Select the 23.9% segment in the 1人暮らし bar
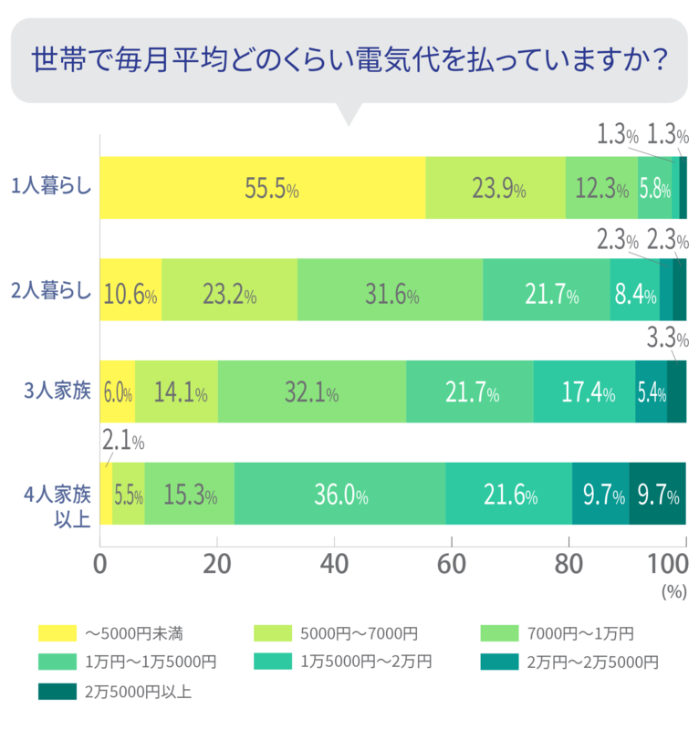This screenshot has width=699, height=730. tap(496, 188)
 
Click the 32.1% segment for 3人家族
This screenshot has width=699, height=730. tap(312, 391)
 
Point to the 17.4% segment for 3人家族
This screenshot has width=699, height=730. tap(584, 391)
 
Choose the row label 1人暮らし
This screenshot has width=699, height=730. tap(51, 188)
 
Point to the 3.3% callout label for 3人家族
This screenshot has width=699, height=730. tap(666, 340)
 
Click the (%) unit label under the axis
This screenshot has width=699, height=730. tap(673, 591)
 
